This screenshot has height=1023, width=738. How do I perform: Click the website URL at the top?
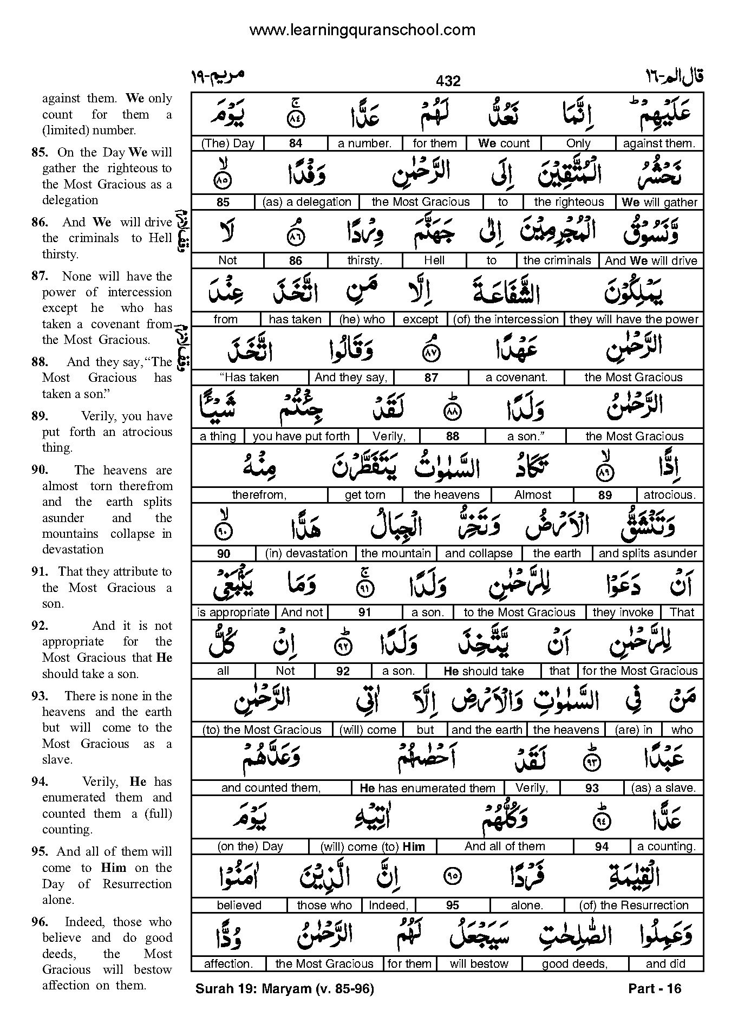362,30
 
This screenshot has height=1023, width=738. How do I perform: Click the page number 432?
448,81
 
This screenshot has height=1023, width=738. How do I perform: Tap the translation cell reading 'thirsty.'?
364,260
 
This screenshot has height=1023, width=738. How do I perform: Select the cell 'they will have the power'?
633,320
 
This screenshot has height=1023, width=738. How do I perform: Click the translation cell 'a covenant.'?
517,377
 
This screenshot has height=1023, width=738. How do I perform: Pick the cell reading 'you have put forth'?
301,436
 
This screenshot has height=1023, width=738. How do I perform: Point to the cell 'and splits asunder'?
648,553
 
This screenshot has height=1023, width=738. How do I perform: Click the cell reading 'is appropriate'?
233,613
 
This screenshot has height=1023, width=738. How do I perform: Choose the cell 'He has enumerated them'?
427,788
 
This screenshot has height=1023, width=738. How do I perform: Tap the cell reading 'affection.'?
228,964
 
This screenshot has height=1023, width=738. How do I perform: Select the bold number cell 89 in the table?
605,495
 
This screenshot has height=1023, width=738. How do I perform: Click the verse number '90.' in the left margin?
40,470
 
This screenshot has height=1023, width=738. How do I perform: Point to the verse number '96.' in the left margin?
40,922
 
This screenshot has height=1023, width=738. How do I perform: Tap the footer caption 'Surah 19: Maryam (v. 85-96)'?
284,989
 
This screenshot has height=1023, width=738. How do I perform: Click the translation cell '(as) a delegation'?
306,202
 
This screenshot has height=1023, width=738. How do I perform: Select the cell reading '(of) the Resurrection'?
633,905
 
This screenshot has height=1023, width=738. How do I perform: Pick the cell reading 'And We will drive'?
651,260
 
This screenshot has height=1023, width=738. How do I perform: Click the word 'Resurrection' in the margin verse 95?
137,884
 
